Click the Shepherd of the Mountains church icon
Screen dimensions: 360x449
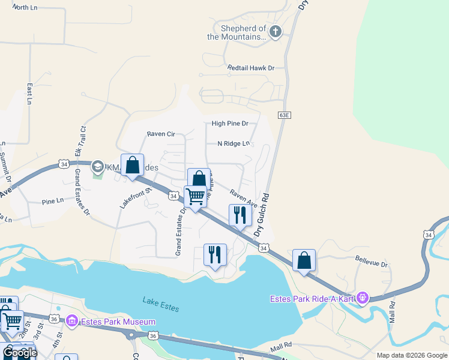(275, 32)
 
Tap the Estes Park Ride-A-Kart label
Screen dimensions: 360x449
(312, 298)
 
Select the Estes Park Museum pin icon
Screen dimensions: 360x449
(73, 322)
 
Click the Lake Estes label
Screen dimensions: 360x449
(161, 304)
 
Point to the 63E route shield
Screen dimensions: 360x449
(285, 115)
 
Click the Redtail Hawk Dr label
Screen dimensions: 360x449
(250, 68)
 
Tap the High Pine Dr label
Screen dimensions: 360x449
(230, 124)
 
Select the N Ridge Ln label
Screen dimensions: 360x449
(233, 143)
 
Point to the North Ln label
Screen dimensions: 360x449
(25, 8)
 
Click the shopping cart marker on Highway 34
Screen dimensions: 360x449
(195, 197)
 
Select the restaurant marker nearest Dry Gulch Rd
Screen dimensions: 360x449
(240, 215)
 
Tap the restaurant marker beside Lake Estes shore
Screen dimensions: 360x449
(214, 254)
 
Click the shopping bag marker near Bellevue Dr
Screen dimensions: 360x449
(304, 260)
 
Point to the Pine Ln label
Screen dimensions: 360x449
(53, 202)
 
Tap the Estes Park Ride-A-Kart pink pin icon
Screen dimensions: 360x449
(362, 297)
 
